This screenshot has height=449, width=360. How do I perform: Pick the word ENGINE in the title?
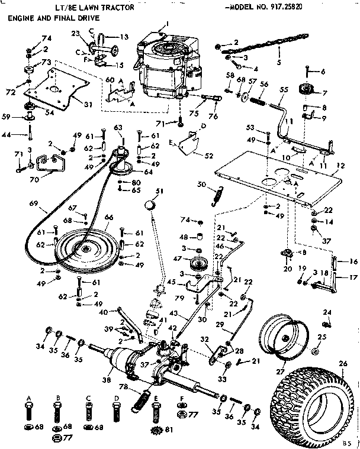(22, 20)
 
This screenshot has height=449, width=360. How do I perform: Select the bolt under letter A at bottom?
(28, 411)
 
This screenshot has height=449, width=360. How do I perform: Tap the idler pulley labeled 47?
(195, 264)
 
